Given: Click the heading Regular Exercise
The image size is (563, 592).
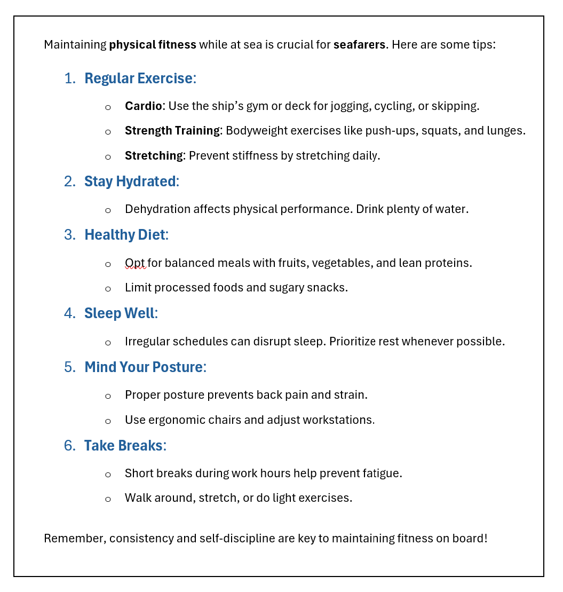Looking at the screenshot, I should [138, 78].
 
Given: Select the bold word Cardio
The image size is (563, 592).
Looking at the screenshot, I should [143, 106].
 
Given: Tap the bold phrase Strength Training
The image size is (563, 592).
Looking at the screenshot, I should [172, 131].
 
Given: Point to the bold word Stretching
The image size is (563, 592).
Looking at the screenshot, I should [154, 156].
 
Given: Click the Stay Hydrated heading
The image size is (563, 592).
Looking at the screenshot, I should [130, 181].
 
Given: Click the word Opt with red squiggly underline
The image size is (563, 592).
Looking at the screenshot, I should [135, 263].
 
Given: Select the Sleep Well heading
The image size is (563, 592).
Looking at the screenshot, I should [119, 313].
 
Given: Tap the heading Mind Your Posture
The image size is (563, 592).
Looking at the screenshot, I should [143, 367].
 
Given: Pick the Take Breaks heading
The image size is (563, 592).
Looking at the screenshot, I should [123, 446].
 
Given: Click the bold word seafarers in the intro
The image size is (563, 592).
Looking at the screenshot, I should [359, 45].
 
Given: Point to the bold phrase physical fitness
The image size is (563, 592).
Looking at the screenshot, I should [153, 45].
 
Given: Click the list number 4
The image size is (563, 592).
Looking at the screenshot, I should [69, 313].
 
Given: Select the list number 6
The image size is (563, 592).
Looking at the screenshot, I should [69, 446].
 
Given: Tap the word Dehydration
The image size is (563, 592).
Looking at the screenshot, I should [157, 209].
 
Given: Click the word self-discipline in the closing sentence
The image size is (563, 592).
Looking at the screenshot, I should [237, 538].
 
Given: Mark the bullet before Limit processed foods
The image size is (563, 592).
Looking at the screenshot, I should [108, 289].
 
